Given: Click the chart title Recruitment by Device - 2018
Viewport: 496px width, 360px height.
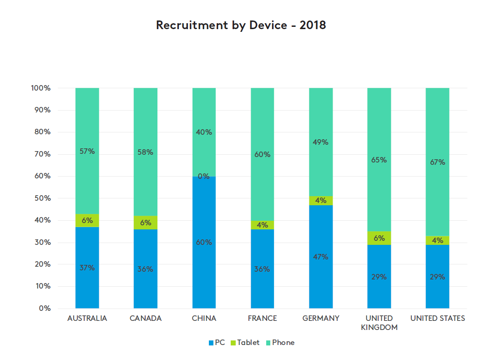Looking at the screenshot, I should click(241, 25).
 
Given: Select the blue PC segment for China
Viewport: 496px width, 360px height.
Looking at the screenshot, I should click(204, 264).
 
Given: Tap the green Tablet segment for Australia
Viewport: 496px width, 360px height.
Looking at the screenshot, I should click(87, 221).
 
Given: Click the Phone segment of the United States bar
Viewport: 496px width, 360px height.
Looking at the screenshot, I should click(437, 137).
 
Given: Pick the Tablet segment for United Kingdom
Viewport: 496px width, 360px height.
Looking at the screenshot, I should click(379, 238).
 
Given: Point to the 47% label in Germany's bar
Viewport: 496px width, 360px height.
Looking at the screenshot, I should click(321, 257).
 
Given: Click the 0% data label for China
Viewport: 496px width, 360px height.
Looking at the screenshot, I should click(204, 176).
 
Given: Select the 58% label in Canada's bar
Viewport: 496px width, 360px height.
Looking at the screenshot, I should click(145, 152).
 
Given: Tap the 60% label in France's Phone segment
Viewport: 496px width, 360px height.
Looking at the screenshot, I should click(262, 155).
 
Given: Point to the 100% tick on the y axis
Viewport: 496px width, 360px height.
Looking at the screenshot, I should click(41, 88).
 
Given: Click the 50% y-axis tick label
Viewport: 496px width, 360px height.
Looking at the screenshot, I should click(42, 198).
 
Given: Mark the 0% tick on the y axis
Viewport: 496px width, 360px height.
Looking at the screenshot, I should click(45, 309).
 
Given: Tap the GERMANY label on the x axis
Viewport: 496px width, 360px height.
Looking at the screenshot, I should click(321, 319).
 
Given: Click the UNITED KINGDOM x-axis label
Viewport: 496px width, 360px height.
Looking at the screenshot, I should click(379, 323).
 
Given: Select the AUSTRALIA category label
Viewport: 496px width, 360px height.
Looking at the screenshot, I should click(87, 319).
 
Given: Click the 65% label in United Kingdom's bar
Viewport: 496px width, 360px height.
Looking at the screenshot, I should click(379, 160).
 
